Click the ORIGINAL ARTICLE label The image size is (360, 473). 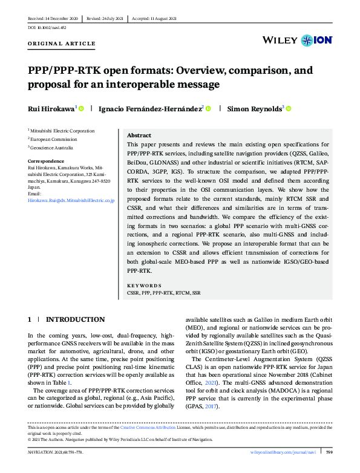coord(62,44)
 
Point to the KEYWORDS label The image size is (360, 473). coord(145,284)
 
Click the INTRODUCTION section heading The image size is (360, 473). coord(75,319)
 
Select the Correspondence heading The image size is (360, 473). coord(46,161)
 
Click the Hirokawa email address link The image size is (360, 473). coord(71,199)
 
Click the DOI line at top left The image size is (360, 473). coord(47,28)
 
